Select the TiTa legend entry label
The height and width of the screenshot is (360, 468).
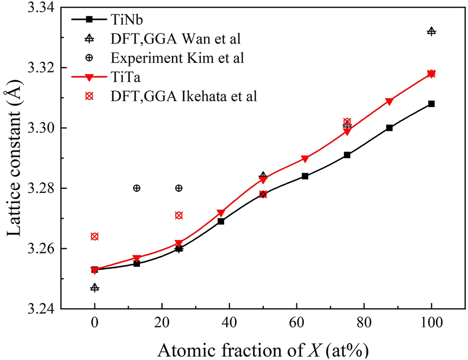[x=122, y=77]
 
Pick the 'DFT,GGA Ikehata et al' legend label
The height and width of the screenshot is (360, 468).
[x=184, y=96]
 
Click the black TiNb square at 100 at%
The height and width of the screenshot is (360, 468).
[x=431, y=104]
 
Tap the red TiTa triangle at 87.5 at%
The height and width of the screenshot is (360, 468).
[x=389, y=101]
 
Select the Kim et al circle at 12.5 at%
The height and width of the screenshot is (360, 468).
[x=137, y=188]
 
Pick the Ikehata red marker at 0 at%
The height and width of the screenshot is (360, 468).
[x=94, y=236]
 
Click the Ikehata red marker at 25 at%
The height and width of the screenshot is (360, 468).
[x=179, y=215]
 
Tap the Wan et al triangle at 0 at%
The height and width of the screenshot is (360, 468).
[x=94, y=288]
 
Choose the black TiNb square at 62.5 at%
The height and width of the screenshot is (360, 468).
[x=305, y=176]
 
